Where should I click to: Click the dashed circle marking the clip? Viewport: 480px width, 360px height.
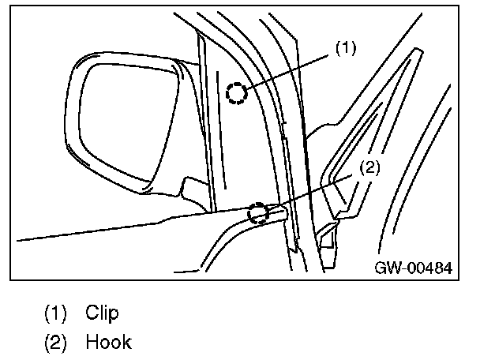(236, 93)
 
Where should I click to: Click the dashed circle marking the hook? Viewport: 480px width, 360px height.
(257, 212)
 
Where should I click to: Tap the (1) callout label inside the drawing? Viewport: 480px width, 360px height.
(346, 48)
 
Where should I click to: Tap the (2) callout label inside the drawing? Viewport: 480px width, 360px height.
(369, 167)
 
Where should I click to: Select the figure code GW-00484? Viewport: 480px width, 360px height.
(413, 268)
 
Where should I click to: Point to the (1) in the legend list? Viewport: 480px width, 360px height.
(55, 313)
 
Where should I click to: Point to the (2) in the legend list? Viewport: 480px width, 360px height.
(55, 343)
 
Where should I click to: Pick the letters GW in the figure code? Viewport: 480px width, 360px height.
(386, 268)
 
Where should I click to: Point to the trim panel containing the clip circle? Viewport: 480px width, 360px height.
(229, 134)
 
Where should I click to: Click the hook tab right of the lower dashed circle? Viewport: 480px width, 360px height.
(276, 211)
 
